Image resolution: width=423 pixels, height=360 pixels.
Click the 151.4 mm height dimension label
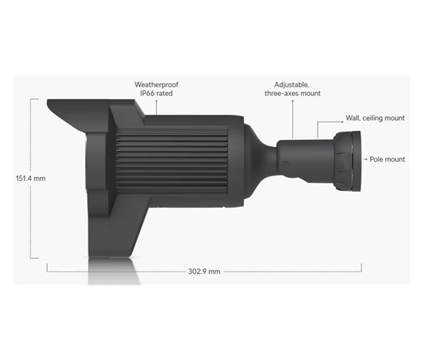point(31,178)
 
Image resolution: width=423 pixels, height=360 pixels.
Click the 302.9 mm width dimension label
point(205,272)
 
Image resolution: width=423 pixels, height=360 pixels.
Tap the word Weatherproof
point(156,85)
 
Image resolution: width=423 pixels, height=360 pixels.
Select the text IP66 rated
point(156,93)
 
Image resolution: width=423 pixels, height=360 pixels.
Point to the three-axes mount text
point(293,93)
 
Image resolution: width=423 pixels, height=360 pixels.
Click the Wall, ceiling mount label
point(375,118)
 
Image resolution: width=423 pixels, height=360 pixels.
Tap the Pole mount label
point(388,159)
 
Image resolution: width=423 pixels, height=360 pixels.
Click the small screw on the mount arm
point(285,164)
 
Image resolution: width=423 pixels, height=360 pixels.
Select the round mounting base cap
point(348,161)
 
